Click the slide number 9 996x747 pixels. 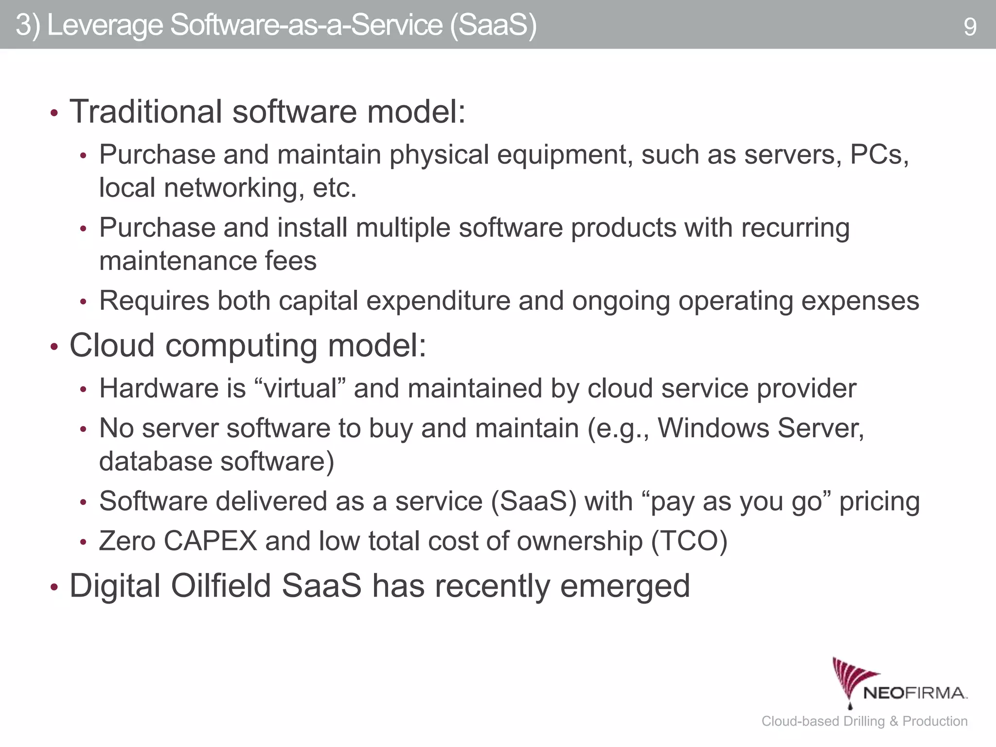[x=969, y=27]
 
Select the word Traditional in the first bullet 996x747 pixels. [x=146, y=111]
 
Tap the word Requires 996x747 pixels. [x=154, y=301]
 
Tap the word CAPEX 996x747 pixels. [x=210, y=541]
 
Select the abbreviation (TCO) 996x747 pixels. [x=689, y=541]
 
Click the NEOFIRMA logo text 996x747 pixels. [x=914, y=693]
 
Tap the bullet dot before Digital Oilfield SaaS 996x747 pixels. [x=54, y=587]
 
